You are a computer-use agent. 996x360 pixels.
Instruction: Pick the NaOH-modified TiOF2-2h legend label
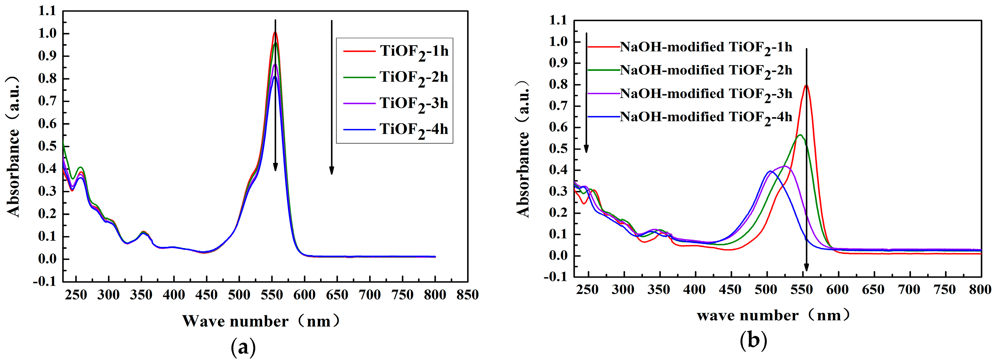706,70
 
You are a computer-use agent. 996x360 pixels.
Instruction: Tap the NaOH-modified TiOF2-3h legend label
706,94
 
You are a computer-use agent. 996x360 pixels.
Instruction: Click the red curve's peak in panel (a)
275,32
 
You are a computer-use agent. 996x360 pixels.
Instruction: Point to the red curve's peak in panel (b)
806,86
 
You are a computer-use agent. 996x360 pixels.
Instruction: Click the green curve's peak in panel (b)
799,135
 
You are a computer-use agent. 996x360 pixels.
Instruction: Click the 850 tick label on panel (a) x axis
467,295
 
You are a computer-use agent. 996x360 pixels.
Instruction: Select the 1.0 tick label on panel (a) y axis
47,34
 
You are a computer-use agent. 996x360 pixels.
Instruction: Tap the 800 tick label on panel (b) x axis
980,290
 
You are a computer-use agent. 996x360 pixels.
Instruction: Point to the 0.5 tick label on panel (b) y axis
558,149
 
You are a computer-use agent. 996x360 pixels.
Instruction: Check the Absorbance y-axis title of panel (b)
523,149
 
